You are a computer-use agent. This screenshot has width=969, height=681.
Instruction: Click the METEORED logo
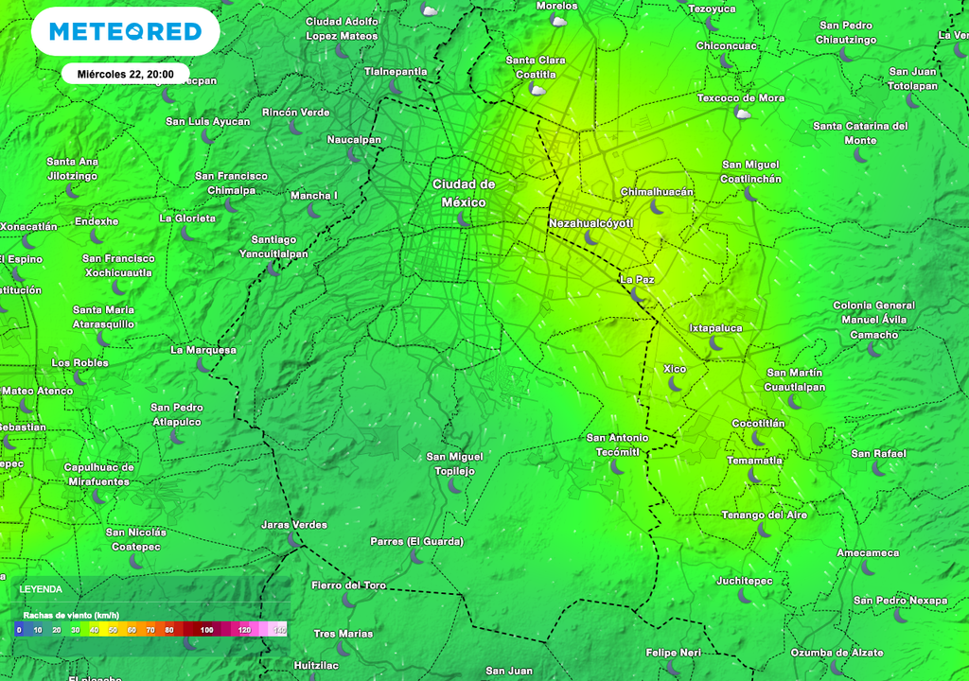(126, 31)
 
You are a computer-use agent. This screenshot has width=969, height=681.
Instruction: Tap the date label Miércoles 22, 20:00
(126, 74)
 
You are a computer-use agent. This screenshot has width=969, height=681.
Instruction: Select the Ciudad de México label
(464, 193)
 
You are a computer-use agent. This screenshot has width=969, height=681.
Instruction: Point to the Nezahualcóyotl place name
(590, 223)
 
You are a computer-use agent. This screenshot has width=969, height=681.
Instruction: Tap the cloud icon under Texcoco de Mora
(743, 113)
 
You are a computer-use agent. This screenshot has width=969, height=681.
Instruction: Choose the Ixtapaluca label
(716, 328)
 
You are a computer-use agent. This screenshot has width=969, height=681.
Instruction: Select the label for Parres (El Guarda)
(416, 542)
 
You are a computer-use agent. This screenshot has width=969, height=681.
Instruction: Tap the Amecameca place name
(868, 552)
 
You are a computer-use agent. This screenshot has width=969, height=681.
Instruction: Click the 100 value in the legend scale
(206, 629)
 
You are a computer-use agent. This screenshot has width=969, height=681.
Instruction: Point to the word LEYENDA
(41, 589)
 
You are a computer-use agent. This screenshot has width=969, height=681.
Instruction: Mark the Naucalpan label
(354, 140)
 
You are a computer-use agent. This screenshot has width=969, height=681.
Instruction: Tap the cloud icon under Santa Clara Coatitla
(537, 90)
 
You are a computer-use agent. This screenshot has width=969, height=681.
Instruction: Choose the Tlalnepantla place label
(396, 71)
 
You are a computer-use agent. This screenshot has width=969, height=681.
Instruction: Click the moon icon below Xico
(676, 384)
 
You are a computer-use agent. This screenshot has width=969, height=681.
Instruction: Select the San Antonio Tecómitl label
(618, 445)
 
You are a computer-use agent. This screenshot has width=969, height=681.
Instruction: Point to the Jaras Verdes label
(294, 525)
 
